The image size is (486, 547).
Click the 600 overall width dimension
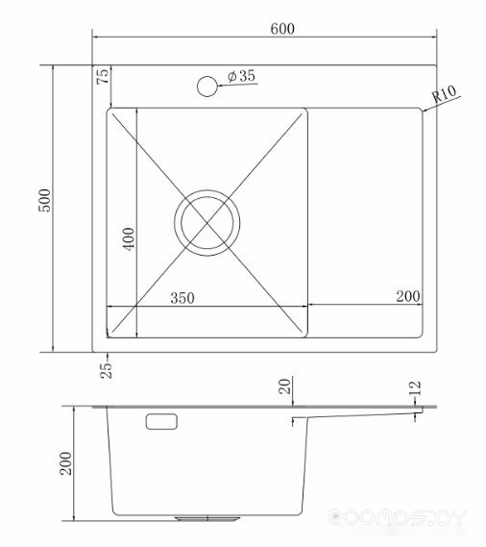coord(282,29)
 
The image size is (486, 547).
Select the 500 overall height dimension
coord(44,200)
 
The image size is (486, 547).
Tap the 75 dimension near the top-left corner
coord(103,76)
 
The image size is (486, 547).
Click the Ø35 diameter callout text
coord(241,75)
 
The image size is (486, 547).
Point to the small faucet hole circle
coord(207,87)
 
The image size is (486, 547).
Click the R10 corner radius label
coord(444,93)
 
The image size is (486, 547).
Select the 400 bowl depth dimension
coord(129,239)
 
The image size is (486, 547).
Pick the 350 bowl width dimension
coord(182,298)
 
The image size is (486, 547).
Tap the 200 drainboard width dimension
coord(408,296)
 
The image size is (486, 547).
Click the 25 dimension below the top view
coord(107,370)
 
